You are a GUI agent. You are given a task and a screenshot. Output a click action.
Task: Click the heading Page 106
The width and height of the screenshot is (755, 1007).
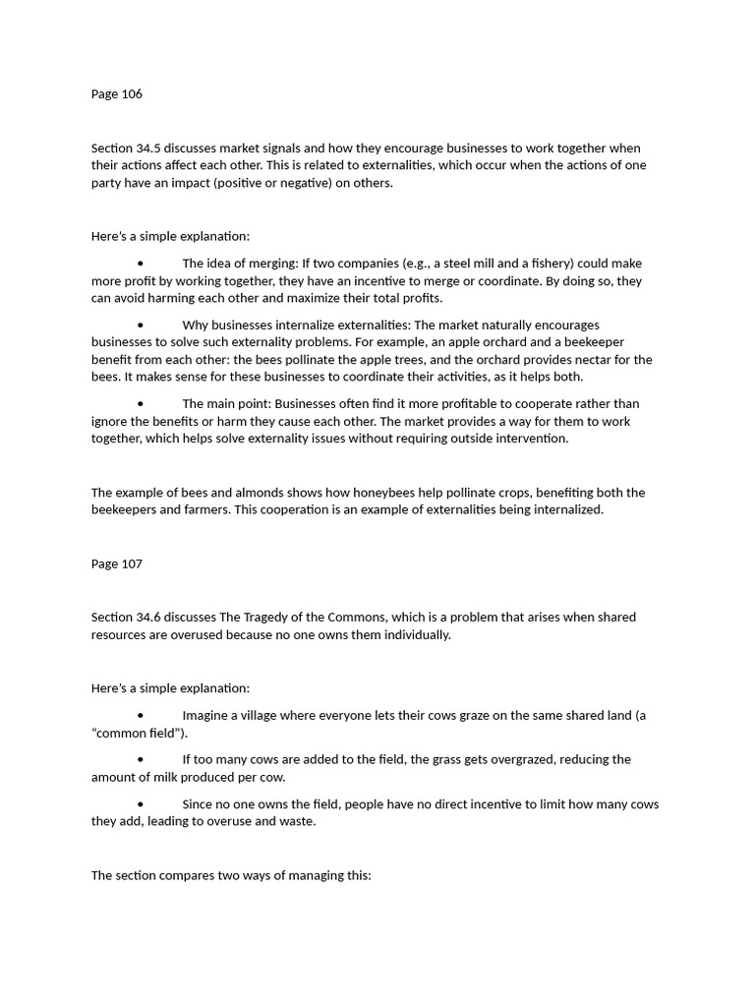117,94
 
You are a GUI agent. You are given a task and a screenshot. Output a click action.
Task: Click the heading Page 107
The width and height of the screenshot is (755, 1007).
117,564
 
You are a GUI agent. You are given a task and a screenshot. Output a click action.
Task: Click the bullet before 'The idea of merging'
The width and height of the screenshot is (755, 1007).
141,264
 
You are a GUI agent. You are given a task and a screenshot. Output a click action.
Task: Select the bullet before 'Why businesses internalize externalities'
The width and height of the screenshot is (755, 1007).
141,326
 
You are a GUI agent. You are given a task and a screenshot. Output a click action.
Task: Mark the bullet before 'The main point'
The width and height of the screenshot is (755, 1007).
141,404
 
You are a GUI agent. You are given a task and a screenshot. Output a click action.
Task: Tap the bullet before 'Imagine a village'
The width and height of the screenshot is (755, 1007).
141,716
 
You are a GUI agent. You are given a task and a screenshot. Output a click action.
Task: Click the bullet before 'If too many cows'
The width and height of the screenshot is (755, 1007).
141,760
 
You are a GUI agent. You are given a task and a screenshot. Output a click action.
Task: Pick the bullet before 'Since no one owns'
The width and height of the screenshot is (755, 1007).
141,804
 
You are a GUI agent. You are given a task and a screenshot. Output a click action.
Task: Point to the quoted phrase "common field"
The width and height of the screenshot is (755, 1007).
139,734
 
